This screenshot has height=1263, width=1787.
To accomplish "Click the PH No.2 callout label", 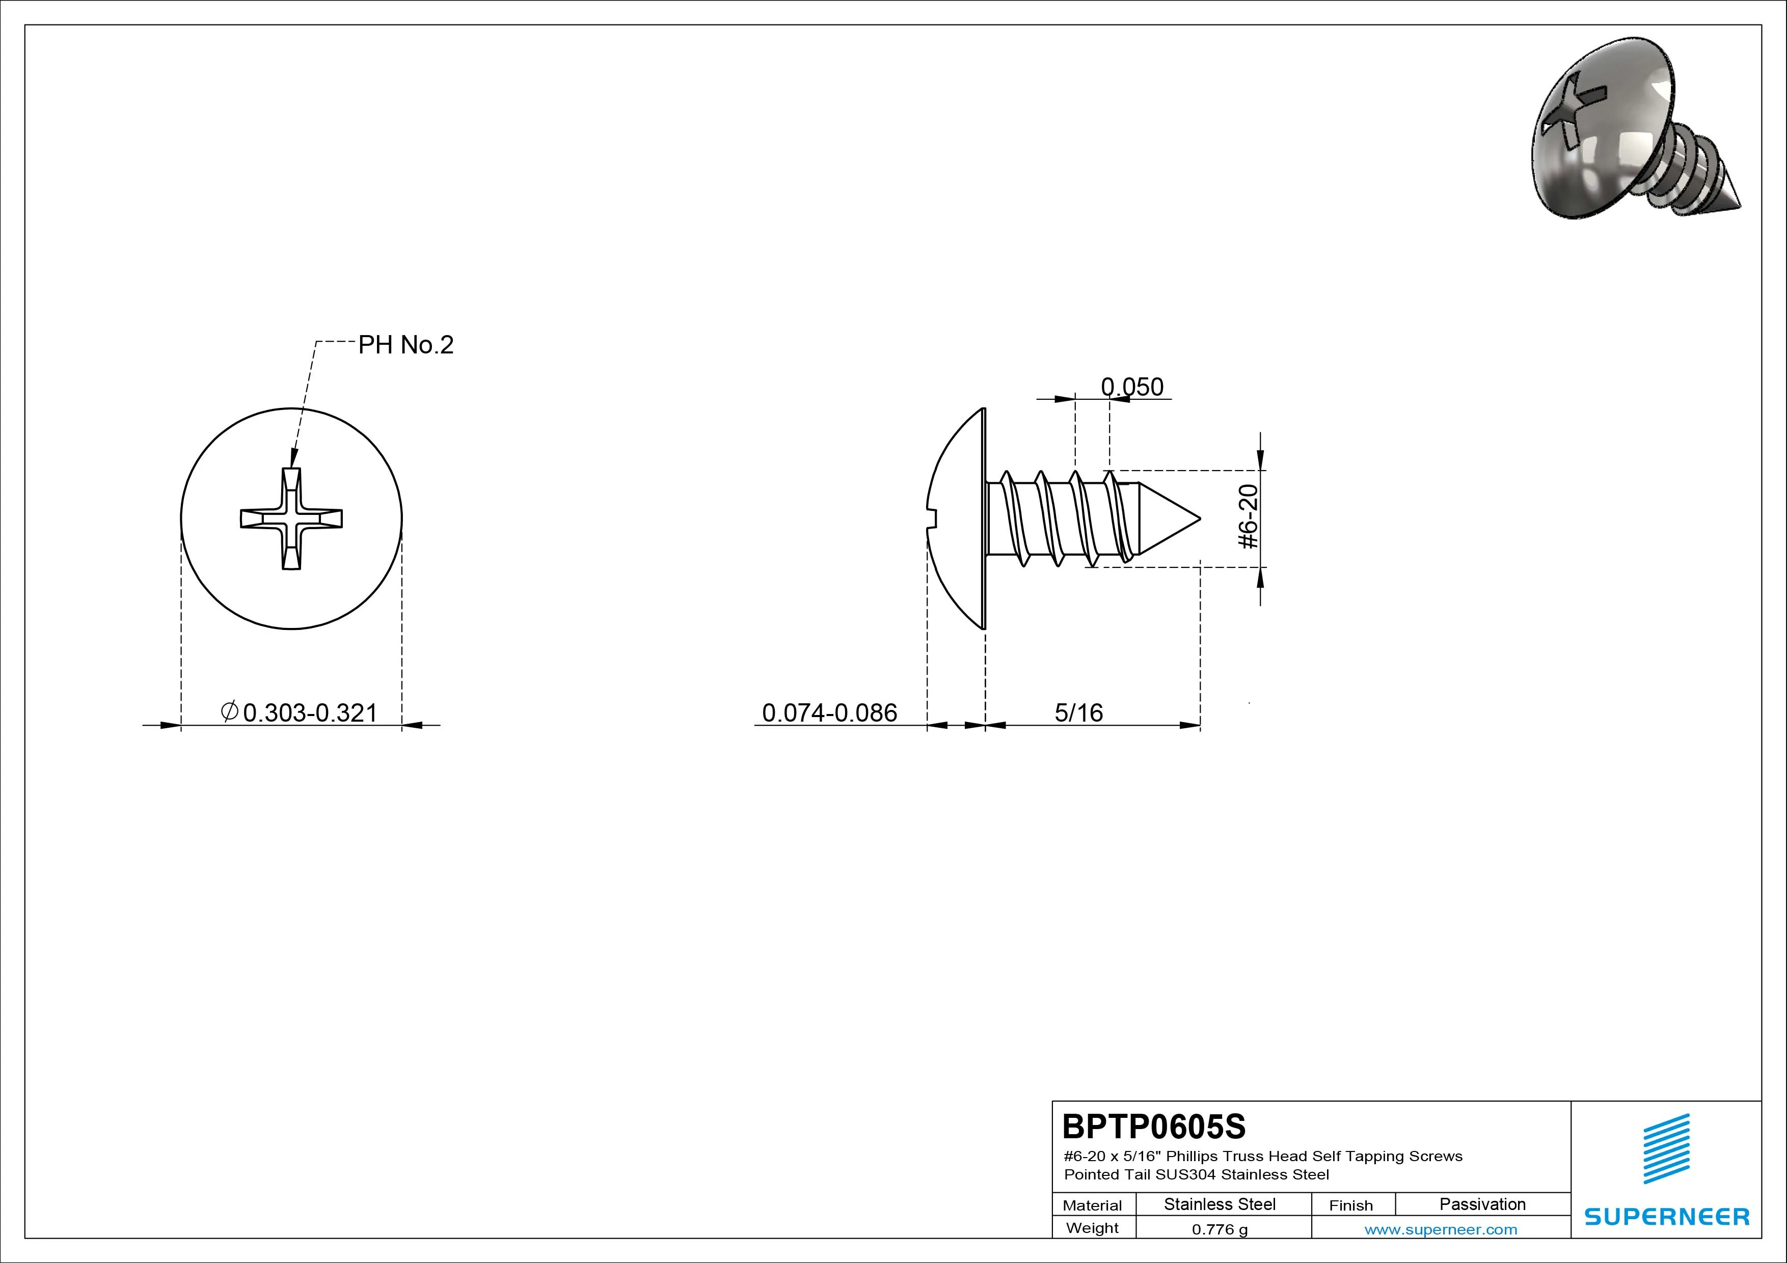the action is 405,345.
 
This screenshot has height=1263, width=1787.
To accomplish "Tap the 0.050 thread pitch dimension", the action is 1132,387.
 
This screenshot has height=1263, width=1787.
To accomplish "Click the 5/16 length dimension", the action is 1079,713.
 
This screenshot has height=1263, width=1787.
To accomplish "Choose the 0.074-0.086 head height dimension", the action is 830,713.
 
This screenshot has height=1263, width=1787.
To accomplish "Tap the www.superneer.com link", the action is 1441,1229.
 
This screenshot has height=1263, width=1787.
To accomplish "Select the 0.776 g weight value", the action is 1220,1229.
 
